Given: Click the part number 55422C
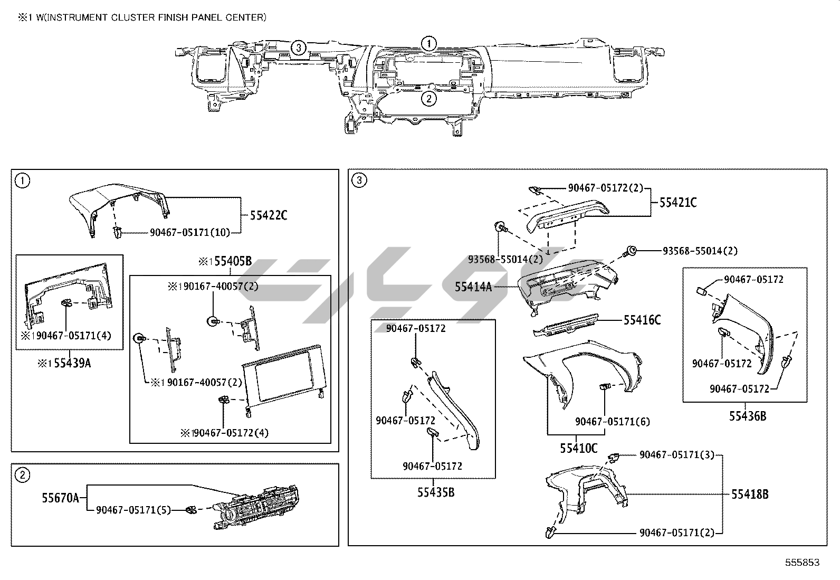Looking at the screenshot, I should [269, 215].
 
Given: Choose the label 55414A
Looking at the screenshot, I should [473, 287].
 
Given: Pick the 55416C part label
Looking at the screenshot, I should [642, 320].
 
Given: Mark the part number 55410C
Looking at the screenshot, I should [579, 448].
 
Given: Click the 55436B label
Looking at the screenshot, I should [747, 416].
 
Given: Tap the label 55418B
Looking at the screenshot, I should [749, 494].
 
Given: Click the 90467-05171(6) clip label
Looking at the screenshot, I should [612, 421].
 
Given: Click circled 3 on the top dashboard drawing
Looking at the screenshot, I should [299, 47].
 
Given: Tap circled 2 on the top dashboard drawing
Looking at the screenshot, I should [429, 98].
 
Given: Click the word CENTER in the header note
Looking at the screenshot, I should [247, 17].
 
